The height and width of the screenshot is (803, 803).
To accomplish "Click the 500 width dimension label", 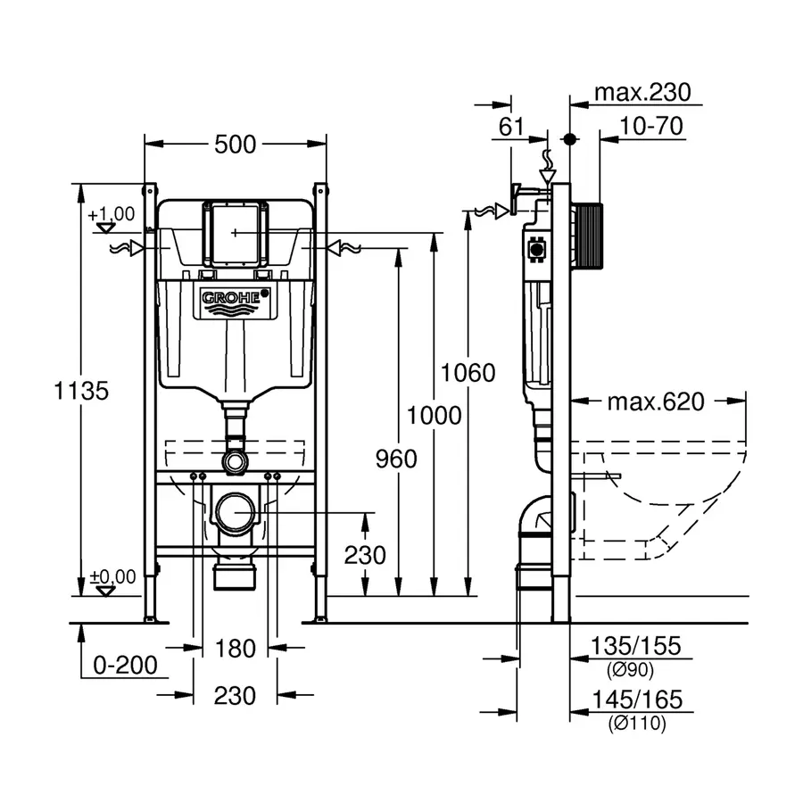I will pyautogui.click(x=235, y=144).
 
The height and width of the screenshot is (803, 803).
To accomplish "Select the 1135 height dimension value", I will pyautogui.click(x=81, y=390).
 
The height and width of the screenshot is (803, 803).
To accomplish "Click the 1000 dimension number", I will pyautogui.click(x=434, y=415).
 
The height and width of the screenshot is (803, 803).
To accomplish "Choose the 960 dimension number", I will pyautogui.click(x=396, y=459).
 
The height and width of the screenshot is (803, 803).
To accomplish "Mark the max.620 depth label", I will pyautogui.click(x=656, y=401).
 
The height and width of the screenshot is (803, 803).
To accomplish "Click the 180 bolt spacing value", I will pyautogui.click(x=236, y=649).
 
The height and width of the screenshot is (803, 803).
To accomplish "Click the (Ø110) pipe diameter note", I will pyautogui.click(x=637, y=724).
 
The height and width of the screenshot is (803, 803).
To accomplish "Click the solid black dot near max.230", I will pyautogui.click(x=569, y=139).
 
